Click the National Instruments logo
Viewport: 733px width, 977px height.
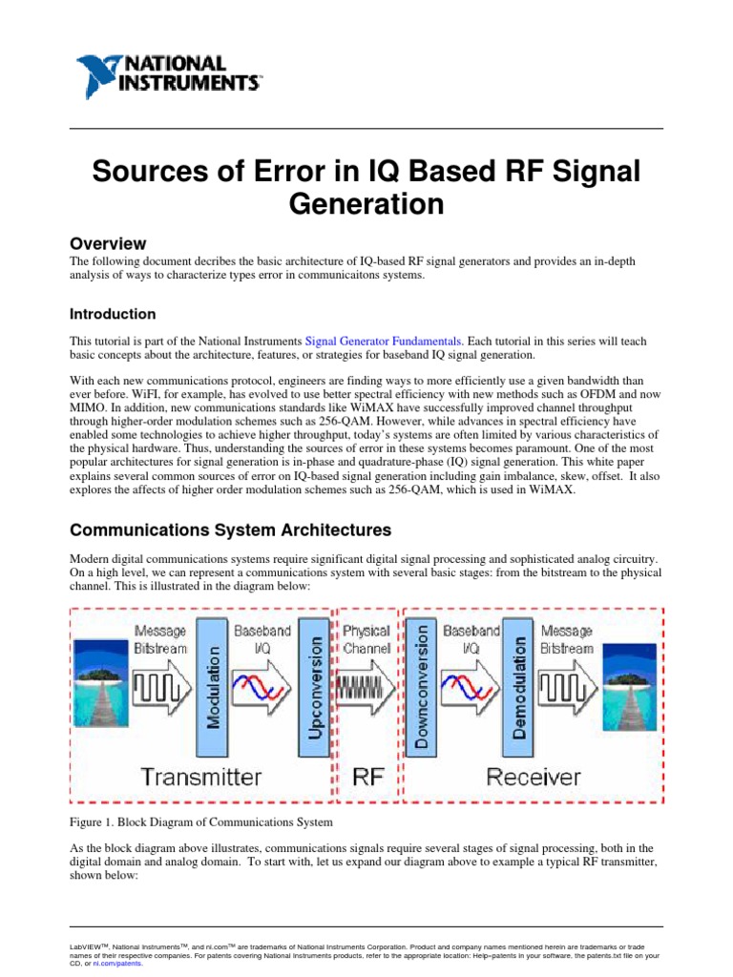click(168, 72)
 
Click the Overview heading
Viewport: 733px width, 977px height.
click(109, 244)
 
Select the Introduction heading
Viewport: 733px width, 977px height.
click(114, 314)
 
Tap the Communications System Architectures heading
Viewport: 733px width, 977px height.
click(232, 530)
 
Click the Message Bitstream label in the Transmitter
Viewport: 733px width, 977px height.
click(160, 638)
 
